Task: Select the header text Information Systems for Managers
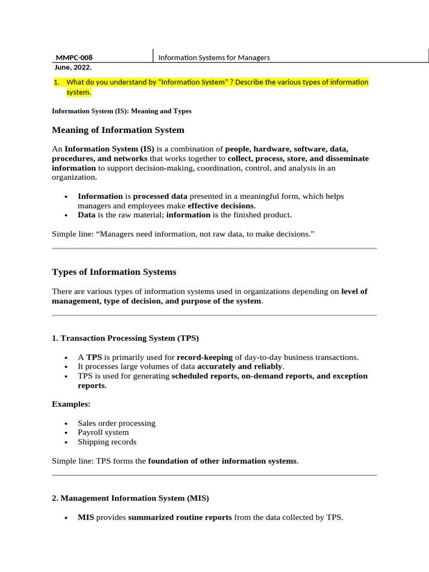tap(214, 58)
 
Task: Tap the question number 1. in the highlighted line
tap(56, 82)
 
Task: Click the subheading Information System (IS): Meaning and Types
tap(121, 111)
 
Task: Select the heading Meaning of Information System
tap(118, 130)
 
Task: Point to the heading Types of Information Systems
tap(114, 272)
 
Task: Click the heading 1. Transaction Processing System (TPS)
tap(125, 338)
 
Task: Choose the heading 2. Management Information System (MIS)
tap(130, 498)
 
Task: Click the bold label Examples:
tap(71, 404)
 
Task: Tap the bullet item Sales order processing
tap(116, 423)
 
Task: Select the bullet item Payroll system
tap(103, 432)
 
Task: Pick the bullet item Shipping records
tap(107, 442)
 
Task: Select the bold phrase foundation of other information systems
tap(222, 461)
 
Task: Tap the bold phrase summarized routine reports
tap(180, 517)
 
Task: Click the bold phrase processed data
tap(160, 196)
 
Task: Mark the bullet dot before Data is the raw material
tap(66, 215)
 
